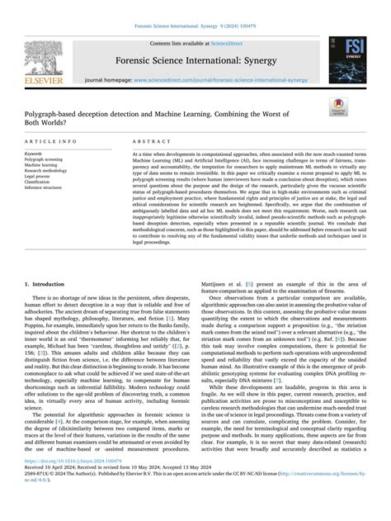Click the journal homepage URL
tap(224, 79)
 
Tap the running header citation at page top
tap(195, 26)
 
